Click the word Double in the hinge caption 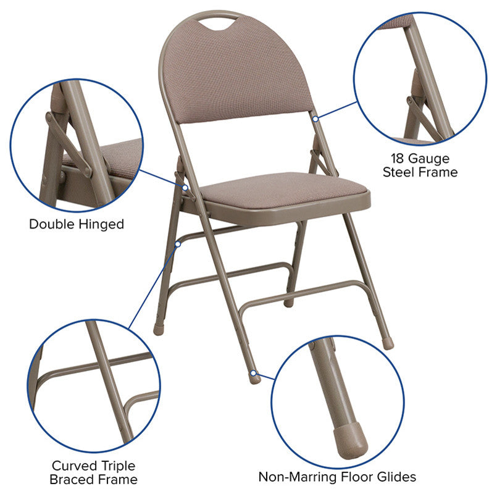(x=52, y=224)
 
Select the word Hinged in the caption (x=101, y=225)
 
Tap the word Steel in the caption (x=399, y=172)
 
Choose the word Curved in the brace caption (x=75, y=466)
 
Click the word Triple (x=118, y=467)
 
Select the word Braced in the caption (x=69, y=479)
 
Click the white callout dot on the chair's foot (x=253, y=373)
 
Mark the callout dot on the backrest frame (x=315, y=119)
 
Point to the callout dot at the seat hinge (x=185, y=188)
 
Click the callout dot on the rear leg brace (x=178, y=244)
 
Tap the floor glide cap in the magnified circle (x=351, y=441)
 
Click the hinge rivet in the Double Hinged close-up (x=49, y=117)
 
